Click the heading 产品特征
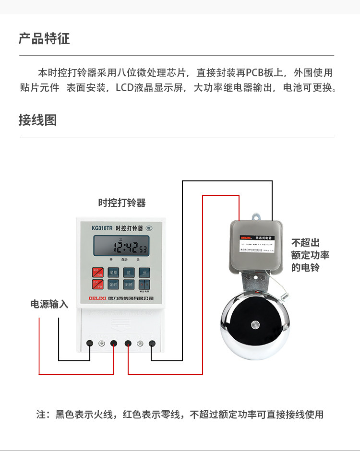[44, 39]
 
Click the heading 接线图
[37, 120]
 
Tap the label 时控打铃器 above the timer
[122, 202]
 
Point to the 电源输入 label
[49, 304]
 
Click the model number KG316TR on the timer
[102, 228]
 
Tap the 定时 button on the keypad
[113, 285]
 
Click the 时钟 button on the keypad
[129, 285]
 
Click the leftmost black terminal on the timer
[90, 343]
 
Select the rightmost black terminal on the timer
[152, 343]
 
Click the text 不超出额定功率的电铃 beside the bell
[310, 255]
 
